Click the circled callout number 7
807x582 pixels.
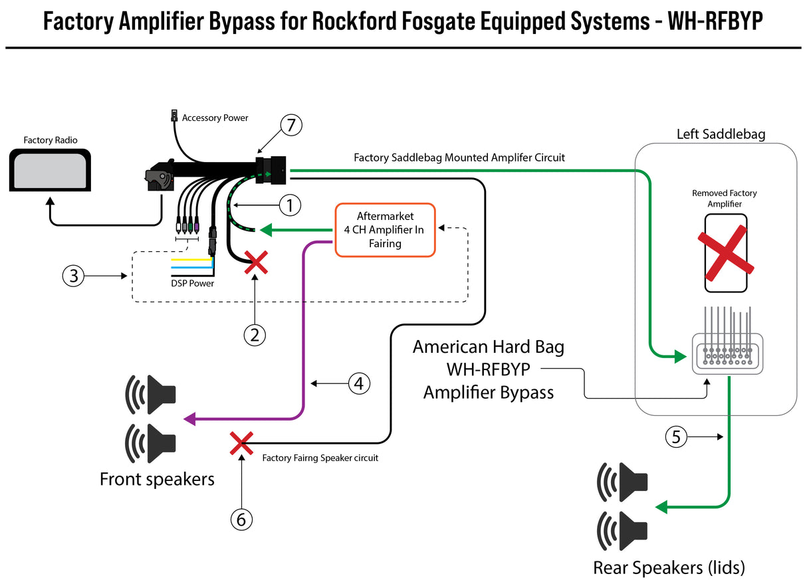[291, 125]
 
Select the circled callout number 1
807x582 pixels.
[290, 205]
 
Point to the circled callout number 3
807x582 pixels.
[74, 275]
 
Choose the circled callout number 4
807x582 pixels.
[358, 383]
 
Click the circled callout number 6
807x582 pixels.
[241, 519]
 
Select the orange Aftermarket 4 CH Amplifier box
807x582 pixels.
[385, 230]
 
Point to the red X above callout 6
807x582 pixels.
[241, 443]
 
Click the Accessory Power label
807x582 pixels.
[215, 118]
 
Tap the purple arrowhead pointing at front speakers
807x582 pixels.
[189, 419]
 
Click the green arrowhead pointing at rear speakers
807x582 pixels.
[661, 508]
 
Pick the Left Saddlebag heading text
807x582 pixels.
[721, 134]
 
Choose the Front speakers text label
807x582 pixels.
[157, 479]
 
